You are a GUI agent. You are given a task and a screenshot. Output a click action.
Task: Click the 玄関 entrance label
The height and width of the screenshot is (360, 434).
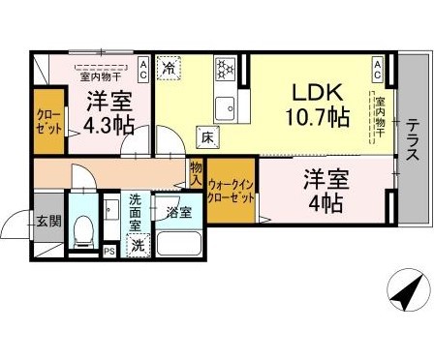[48, 222]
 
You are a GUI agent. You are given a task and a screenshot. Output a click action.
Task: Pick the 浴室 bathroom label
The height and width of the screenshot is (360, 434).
[178, 211]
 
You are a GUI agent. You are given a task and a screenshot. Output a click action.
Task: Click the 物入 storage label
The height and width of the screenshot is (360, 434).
[196, 173]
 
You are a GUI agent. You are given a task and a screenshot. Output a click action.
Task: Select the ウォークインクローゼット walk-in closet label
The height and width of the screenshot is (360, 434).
[232, 191]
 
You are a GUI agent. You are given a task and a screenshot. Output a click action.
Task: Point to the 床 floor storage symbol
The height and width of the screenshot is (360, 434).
[206, 135]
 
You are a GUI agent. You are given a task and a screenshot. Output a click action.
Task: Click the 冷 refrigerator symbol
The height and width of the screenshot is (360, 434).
[169, 68]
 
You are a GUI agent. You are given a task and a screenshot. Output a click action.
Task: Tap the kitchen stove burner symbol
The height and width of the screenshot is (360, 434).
[225, 69]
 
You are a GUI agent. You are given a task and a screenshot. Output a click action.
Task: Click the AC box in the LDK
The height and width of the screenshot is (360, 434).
[379, 67]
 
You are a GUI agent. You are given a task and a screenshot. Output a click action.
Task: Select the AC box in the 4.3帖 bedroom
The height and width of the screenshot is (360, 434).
[142, 67]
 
